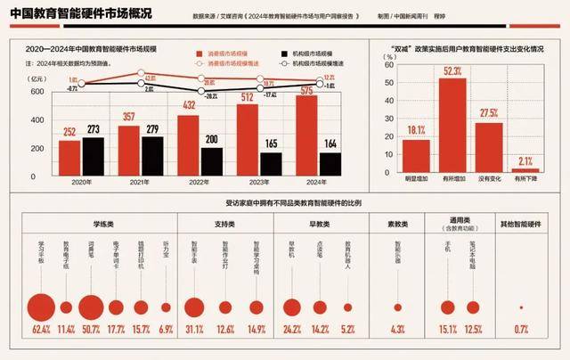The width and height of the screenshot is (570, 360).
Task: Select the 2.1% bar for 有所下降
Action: (526, 168)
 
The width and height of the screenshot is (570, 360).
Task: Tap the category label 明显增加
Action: (415, 178)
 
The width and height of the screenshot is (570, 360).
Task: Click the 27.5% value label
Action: (489, 114)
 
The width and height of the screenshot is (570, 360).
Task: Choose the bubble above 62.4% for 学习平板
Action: (38, 307)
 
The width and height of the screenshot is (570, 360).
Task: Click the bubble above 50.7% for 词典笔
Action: (90, 307)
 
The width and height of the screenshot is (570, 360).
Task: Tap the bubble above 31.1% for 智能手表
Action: (193, 307)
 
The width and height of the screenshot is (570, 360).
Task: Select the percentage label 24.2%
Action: (290, 331)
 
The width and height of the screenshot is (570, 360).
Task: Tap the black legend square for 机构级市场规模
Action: (283, 53)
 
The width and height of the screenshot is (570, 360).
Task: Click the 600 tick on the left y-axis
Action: (42, 92)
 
